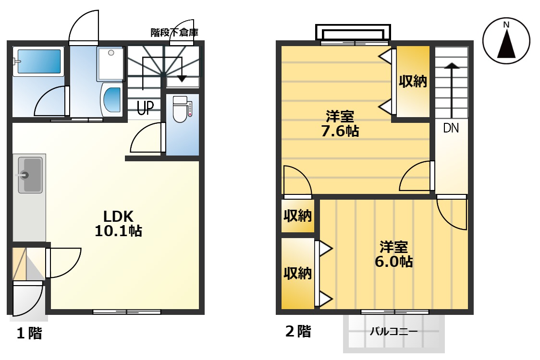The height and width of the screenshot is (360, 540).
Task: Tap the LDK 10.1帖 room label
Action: [118, 223]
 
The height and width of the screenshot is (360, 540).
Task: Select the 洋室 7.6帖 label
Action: [340, 123]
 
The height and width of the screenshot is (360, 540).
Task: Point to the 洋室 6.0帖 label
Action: [393, 254]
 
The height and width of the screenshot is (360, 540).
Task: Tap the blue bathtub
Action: [38, 61]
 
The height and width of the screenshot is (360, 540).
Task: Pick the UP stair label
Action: [145, 108]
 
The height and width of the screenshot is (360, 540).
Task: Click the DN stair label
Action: [451, 128]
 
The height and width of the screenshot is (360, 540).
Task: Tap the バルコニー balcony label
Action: [393, 331]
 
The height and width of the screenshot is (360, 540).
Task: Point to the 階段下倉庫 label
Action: [174, 33]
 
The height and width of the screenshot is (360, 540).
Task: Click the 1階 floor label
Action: [29, 333]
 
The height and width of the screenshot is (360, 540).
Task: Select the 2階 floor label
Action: [298, 331]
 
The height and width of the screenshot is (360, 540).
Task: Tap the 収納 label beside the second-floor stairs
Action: [413, 81]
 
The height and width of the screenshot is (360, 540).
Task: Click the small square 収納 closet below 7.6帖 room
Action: [297, 216]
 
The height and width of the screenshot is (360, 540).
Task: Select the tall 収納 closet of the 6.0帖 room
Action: [297, 273]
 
